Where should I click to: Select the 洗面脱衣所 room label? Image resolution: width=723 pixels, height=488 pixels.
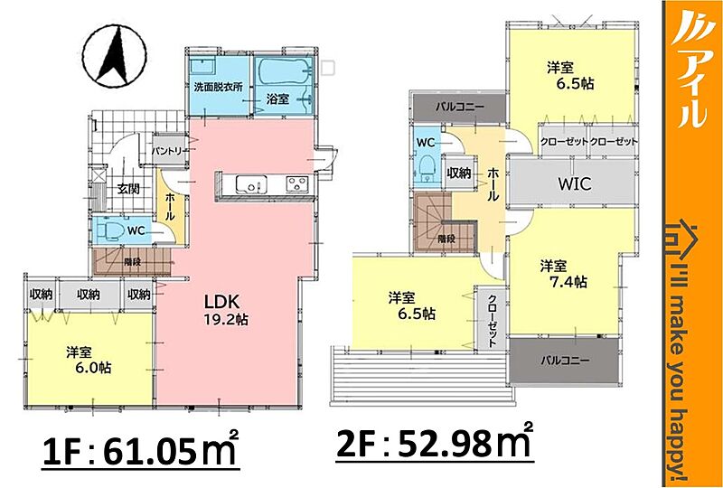pos(218,88)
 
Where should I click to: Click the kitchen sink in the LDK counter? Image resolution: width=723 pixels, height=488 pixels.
pos(251,184)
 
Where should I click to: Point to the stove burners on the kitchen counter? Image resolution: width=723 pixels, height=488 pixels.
pos(297,184)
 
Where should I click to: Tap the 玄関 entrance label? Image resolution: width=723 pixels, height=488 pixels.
pos(127,189)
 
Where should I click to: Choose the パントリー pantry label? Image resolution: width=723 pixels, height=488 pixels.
pos(170,151)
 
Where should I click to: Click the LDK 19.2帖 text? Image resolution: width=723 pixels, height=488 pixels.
pos(225,310)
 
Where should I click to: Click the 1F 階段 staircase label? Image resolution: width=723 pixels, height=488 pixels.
pos(132,262)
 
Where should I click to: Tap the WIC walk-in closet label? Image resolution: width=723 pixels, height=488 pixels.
pos(574,184)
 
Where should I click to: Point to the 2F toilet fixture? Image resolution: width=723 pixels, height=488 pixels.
pos(427,169)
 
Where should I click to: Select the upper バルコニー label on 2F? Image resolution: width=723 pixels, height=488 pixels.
pos(459,107)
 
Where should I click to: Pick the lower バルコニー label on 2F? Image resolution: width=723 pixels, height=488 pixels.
pos(566,360)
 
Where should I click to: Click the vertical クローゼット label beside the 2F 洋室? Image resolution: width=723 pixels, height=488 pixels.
pos(492,319)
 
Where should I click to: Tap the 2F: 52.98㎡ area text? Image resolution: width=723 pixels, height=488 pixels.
pos(435,443)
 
